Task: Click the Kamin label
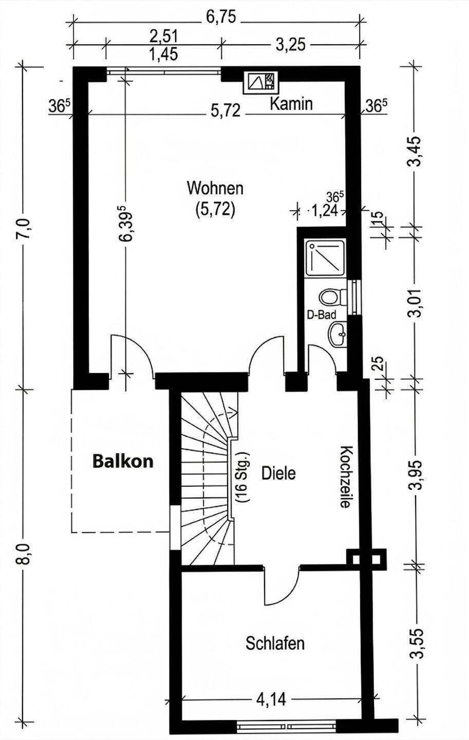tap(291, 104)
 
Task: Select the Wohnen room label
tap(215, 188)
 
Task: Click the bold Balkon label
tap(123, 461)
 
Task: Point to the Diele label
tap(278, 473)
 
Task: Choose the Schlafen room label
tap(275, 643)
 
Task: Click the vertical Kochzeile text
tap(345, 476)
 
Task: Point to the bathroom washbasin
tap(337, 335)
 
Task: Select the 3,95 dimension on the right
tap(416, 474)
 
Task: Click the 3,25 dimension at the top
tap(290, 45)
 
